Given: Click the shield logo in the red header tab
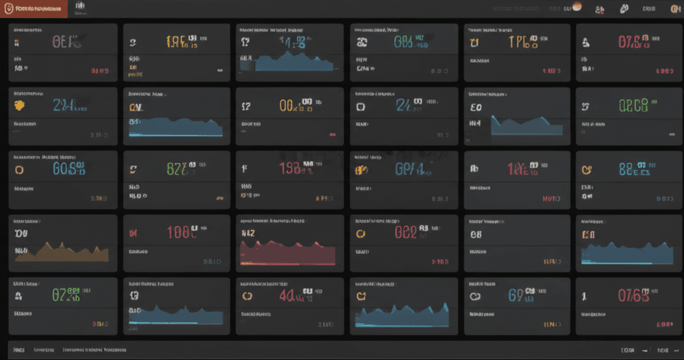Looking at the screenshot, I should (x=8, y=9).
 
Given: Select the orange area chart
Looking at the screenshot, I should (x=61, y=252).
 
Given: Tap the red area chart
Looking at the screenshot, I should (x=287, y=252).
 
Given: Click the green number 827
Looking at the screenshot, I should (x=177, y=169).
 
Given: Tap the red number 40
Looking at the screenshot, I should (x=288, y=295).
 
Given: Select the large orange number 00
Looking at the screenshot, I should (x=289, y=106).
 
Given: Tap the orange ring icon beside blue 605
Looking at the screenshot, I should (x=19, y=169).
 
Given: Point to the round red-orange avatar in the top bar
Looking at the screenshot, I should (x=578, y=8).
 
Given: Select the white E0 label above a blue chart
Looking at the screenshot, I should (x=476, y=106).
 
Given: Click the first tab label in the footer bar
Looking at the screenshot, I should (x=18, y=349).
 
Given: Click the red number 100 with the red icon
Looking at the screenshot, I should (x=182, y=232).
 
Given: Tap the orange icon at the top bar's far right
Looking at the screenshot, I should (x=675, y=9).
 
